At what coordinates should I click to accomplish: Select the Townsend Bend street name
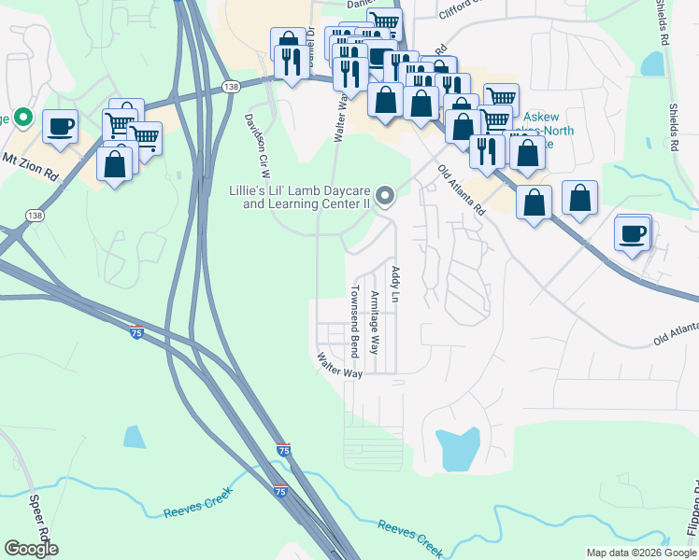(354, 321)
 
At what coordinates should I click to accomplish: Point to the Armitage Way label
(374, 322)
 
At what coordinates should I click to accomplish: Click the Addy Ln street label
(395, 285)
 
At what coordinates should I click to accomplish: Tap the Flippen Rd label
(692, 513)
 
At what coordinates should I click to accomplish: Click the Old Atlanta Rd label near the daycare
(462, 191)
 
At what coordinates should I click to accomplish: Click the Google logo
(31, 549)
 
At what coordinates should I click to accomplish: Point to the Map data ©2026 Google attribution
(641, 553)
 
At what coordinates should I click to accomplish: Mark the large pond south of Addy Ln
(458, 449)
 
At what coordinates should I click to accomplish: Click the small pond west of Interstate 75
(135, 436)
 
